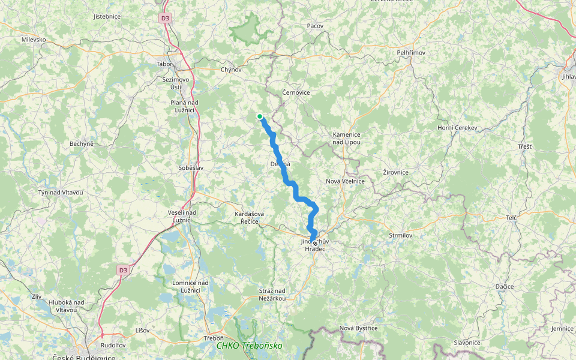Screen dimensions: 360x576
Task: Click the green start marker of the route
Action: (259, 116)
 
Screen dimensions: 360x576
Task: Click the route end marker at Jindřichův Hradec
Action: (315, 244)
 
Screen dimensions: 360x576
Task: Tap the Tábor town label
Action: (164, 64)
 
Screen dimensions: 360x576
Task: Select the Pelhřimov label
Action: (411, 53)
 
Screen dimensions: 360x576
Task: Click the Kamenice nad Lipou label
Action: (346, 139)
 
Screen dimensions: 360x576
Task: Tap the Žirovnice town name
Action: (396, 172)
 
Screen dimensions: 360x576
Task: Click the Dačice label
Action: (505, 287)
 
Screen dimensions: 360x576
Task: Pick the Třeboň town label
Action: (214, 338)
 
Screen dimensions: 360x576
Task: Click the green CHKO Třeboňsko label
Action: (249, 346)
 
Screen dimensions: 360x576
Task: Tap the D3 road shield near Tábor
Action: (165, 19)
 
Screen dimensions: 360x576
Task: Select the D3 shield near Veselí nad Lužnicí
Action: (123, 270)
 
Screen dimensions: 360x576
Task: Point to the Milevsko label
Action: (34, 40)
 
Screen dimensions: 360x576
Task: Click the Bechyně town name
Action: (82, 144)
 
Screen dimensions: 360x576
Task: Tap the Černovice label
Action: (296, 92)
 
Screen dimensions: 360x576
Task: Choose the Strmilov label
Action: (401, 236)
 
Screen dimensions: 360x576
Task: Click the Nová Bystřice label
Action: (358, 328)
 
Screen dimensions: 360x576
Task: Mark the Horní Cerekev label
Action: (457, 128)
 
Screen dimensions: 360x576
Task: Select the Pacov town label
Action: (315, 26)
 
